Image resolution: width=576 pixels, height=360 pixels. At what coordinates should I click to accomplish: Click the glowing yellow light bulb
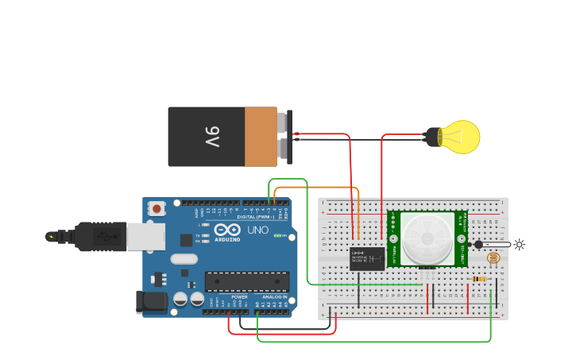459,137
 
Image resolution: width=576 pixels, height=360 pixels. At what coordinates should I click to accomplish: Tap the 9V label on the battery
211,137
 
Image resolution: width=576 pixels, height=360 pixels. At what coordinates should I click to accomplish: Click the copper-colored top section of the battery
261,137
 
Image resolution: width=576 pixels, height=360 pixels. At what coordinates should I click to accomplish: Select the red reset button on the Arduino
157,209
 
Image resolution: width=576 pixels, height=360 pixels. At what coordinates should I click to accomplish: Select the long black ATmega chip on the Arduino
247,281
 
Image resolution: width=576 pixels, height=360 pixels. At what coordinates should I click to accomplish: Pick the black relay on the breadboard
367,258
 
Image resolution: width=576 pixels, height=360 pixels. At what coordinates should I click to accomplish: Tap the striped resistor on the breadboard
479,279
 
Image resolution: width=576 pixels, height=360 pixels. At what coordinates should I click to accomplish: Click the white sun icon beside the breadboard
520,245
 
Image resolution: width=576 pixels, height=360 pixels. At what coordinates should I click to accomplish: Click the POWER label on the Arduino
239,297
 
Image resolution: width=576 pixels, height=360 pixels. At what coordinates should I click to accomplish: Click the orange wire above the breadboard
318,188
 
